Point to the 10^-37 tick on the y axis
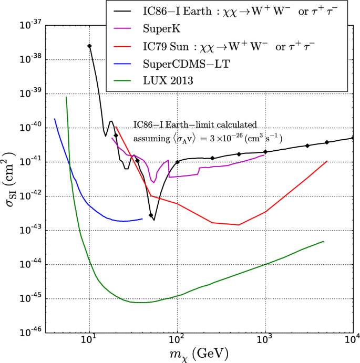pyautogui.click(x=32, y=25)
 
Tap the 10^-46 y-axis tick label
pyautogui.click(x=32, y=333)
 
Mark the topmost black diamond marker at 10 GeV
pyautogui.click(x=89, y=46)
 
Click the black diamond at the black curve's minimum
pyautogui.click(x=151, y=215)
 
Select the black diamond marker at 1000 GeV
pyautogui.click(x=265, y=152)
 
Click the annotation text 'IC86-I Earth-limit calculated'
pyautogui.click(x=195, y=125)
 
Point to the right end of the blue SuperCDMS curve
pyautogui.click(x=142, y=219)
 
